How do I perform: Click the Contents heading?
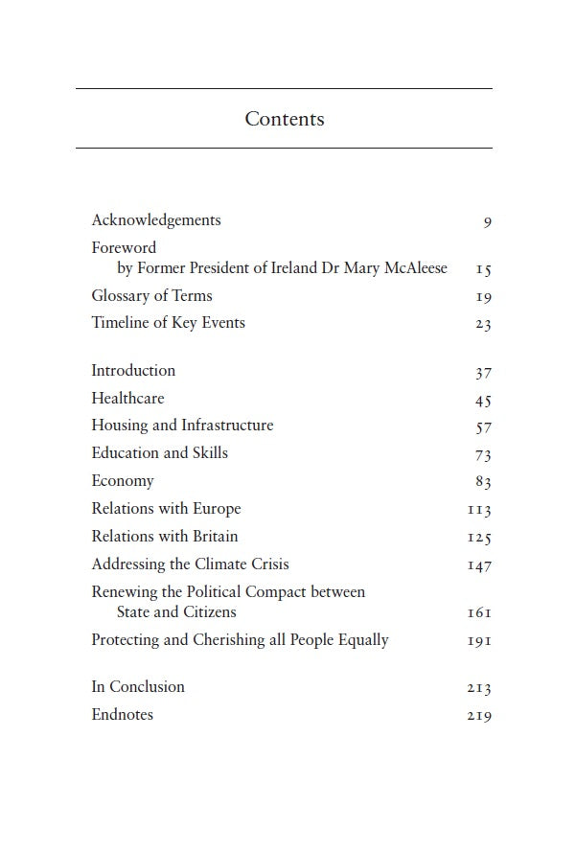(285, 119)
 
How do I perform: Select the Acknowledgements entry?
(156, 220)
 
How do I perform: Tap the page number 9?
(487, 222)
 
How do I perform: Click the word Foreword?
(124, 247)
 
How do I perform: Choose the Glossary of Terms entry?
(151, 296)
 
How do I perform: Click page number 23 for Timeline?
(483, 325)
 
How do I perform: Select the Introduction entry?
(133, 371)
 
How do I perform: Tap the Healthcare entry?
(127, 399)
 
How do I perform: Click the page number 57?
(483, 427)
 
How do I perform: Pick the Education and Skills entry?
(159, 453)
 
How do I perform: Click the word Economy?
(123, 481)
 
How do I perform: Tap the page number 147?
(479, 565)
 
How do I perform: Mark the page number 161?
(479, 613)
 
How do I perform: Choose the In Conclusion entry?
(138, 687)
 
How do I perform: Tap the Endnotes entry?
(122, 715)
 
